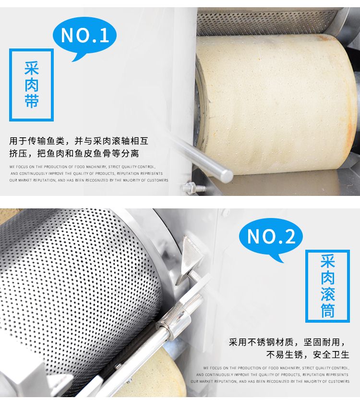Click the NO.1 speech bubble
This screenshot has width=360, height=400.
84,36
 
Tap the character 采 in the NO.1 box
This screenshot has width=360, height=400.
31,68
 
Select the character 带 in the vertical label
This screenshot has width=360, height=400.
31,101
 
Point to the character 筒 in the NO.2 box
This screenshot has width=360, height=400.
327,310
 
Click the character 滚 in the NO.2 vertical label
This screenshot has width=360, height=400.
327,294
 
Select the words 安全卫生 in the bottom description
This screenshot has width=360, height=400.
331,354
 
